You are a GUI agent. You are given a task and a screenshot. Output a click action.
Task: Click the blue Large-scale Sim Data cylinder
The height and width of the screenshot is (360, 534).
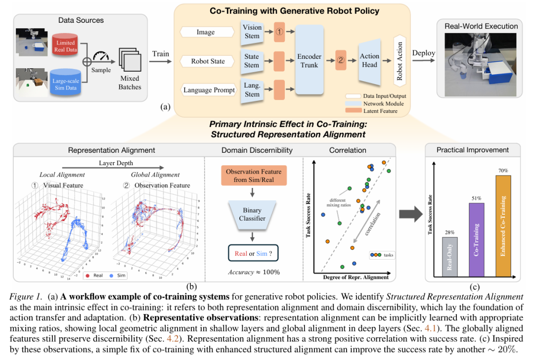click(65, 82)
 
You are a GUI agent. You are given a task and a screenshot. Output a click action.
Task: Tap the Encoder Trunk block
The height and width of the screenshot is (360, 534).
click(309, 61)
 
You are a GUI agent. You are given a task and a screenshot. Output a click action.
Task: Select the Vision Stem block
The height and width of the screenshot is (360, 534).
click(252, 32)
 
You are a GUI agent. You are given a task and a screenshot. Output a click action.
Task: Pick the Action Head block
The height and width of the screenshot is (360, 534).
click(369, 61)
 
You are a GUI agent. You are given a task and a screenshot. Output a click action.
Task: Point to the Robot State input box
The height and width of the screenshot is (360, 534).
click(208, 61)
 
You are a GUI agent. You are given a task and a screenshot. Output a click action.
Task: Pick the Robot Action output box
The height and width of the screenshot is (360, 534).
click(399, 61)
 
